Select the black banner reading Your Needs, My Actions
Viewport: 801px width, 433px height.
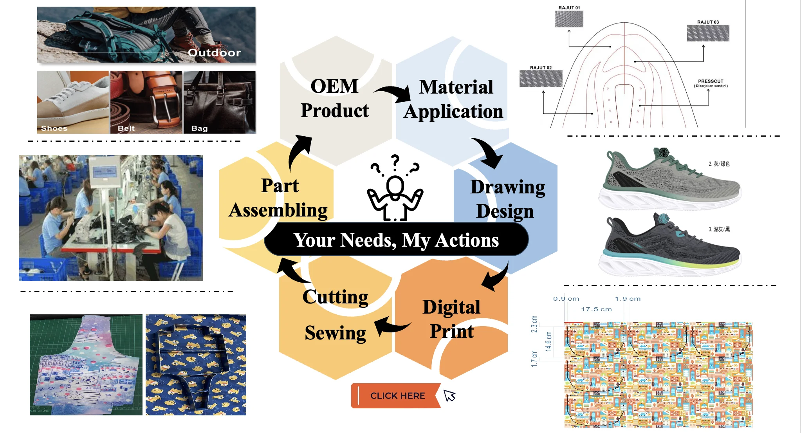point(396,240)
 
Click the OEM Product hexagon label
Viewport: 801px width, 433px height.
point(335,98)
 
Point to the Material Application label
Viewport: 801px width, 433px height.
point(454,99)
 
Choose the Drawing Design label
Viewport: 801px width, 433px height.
point(507,199)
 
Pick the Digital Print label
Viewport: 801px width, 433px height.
point(451,319)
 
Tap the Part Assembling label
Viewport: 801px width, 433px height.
point(279,198)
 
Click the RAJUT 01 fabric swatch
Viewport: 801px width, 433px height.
point(569,19)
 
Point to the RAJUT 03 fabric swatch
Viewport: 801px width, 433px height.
point(708,33)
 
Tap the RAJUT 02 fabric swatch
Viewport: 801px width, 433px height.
point(541,78)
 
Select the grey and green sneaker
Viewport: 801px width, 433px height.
point(669,179)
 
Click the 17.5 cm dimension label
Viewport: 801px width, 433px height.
point(596,309)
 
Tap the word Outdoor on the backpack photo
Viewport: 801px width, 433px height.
point(214,52)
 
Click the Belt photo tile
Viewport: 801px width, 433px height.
point(146,102)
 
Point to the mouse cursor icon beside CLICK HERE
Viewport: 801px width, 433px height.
point(449,395)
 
